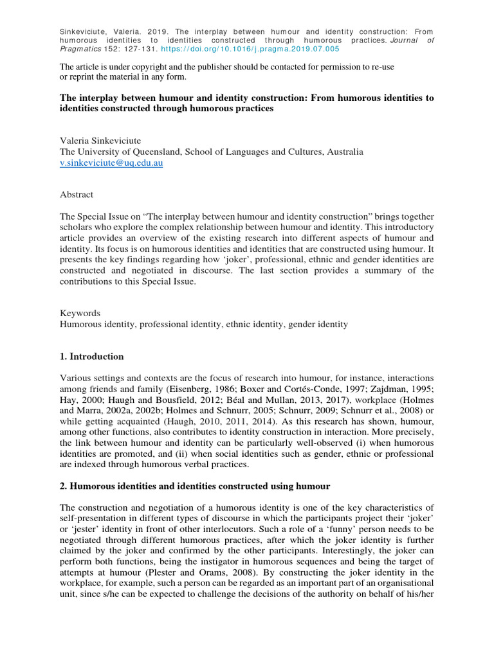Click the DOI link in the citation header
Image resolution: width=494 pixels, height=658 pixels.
click(x=258, y=49)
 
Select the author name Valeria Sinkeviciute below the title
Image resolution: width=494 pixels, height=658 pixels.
click(x=100, y=141)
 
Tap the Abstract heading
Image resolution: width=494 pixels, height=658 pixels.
click(x=77, y=194)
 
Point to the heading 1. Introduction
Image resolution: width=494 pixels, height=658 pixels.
click(x=92, y=357)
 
